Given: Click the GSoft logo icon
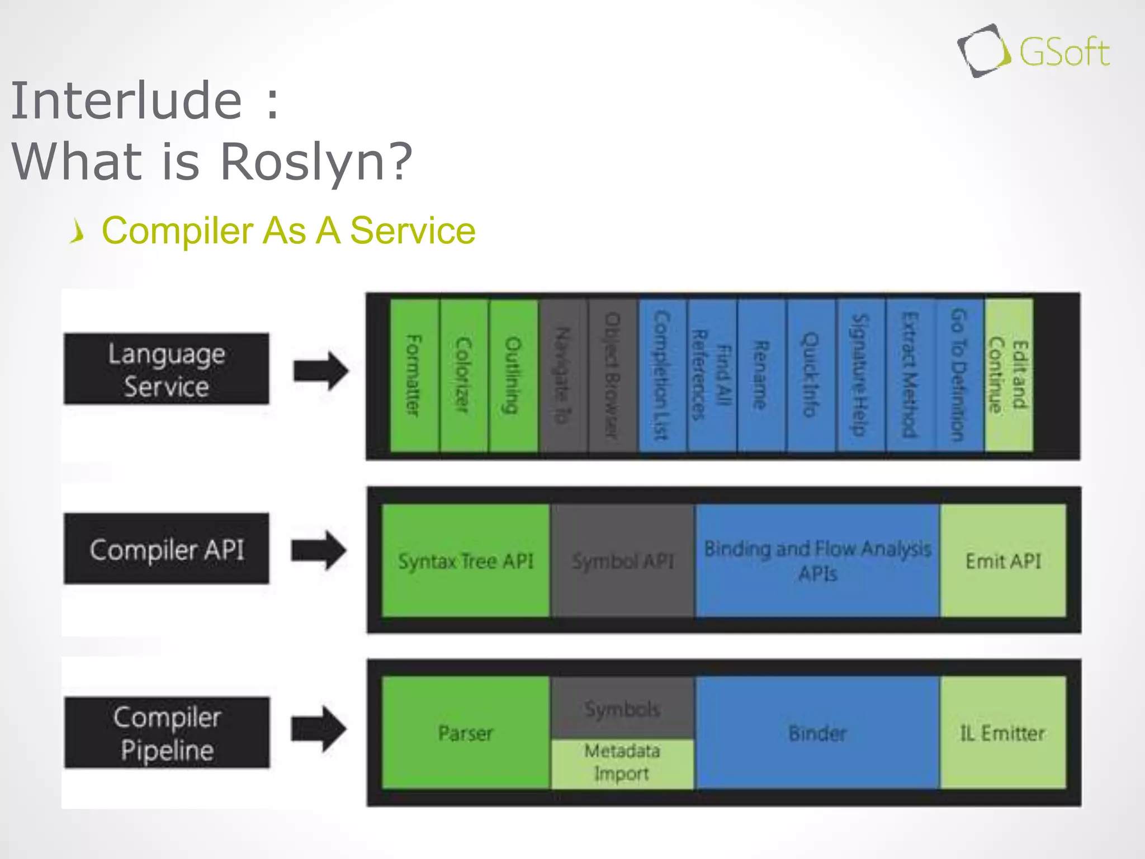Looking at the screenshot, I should click(x=983, y=51).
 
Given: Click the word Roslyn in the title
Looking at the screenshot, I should click(x=315, y=162).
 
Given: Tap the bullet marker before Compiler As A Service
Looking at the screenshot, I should click(x=78, y=231).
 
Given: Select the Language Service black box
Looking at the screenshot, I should click(x=166, y=369).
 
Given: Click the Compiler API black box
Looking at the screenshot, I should click(x=166, y=549).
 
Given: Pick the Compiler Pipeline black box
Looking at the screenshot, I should click(x=167, y=733).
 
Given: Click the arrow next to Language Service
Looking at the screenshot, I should click(x=321, y=370).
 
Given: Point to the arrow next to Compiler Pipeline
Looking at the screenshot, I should click(x=319, y=729).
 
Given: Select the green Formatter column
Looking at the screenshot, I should click(x=414, y=375).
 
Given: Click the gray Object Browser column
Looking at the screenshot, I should click(x=612, y=375).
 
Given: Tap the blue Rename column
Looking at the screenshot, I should click(x=761, y=375).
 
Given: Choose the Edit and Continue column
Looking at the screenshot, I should click(x=1008, y=375).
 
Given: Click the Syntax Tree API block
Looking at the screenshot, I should click(x=465, y=561).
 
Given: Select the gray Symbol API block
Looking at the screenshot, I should click(x=622, y=561).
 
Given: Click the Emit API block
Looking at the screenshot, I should click(x=1003, y=561).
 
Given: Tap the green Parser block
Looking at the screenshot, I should click(x=465, y=733).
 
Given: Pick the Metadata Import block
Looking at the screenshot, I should click(x=622, y=763).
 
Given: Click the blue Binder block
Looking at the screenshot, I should click(x=817, y=733).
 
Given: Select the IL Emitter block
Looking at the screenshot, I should click(x=1003, y=733).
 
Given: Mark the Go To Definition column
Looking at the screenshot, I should click(x=959, y=375).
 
